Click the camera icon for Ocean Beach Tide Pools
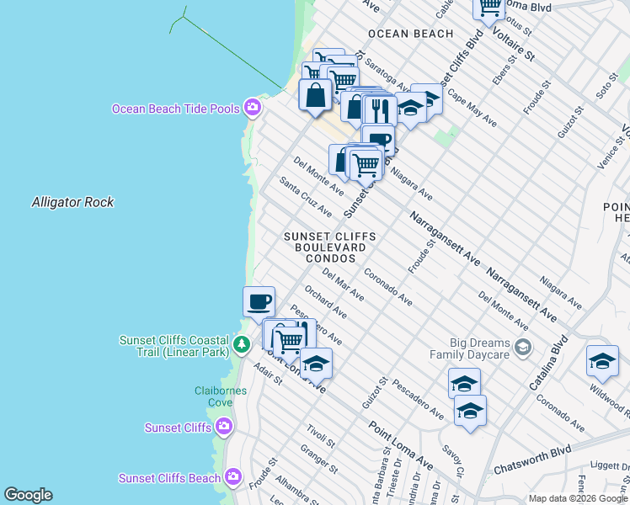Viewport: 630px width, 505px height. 252,107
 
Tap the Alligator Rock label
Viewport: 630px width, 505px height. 72,202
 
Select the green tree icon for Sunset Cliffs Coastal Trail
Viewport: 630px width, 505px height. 242,344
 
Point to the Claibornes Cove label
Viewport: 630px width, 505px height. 201,396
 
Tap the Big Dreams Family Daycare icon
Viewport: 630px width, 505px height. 523,347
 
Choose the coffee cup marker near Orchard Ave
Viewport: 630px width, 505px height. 259,300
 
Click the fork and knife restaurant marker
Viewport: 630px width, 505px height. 380,109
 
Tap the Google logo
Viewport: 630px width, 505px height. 28,495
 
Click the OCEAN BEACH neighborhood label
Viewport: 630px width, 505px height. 411,35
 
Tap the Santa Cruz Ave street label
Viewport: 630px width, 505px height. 306,196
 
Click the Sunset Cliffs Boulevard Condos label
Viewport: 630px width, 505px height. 329,247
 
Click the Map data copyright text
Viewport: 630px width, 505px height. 577,498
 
